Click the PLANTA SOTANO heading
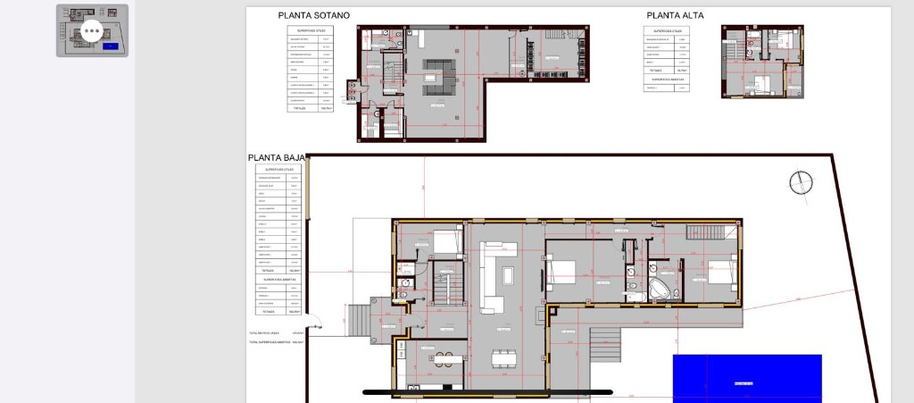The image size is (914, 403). coord(313,15)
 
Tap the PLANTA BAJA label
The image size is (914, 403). coord(277,158)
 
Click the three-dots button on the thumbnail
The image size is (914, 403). coord(92,31)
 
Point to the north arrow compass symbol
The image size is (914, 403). coord(802,182)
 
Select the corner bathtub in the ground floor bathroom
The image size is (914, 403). coord(661,288)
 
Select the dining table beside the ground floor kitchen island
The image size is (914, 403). coord(504,358)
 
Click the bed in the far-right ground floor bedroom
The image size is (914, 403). coord(720,273)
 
